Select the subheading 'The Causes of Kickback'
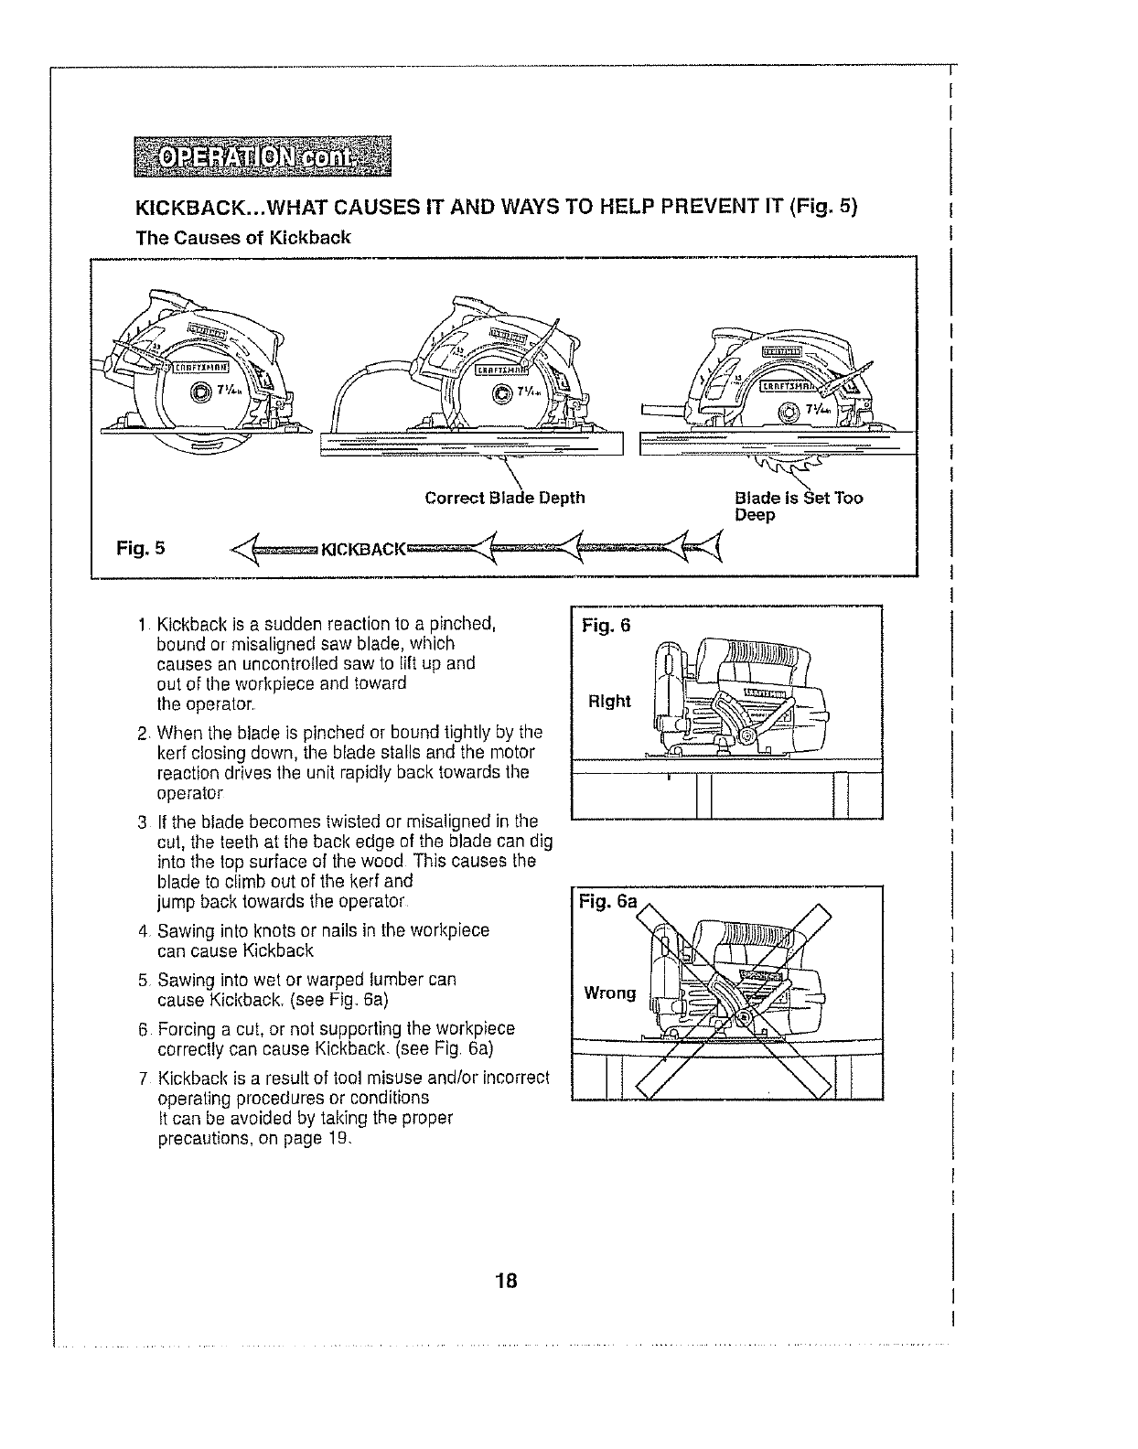point(242,238)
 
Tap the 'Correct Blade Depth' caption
point(505,498)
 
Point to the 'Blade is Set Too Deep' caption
point(798,506)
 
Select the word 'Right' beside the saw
point(609,702)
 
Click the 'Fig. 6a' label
point(607,902)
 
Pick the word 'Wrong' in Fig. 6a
point(610,993)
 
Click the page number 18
point(507,1281)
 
